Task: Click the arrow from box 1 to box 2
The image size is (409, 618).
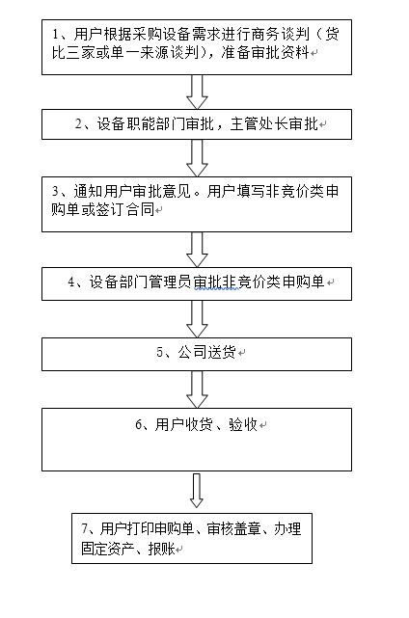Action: [x=197, y=92]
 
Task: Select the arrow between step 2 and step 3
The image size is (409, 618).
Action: [x=197, y=158]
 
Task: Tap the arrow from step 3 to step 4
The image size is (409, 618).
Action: [x=197, y=250]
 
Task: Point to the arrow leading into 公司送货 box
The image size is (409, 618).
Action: [x=197, y=319]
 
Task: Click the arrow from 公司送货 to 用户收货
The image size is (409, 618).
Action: [x=197, y=390]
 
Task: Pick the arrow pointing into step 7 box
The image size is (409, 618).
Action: [x=197, y=491]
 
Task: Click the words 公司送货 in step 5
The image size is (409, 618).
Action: [x=206, y=352]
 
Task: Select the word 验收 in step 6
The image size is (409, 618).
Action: [x=243, y=424]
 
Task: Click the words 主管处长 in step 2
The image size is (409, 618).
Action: [x=259, y=124]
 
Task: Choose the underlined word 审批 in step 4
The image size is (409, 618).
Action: [x=206, y=282]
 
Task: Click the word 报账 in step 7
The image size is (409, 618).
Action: [x=161, y=549]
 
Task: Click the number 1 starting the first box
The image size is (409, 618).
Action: [x=56, y=35]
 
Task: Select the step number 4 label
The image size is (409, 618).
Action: [x=71, y=282]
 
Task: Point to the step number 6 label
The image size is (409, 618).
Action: [x=139, y=425]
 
